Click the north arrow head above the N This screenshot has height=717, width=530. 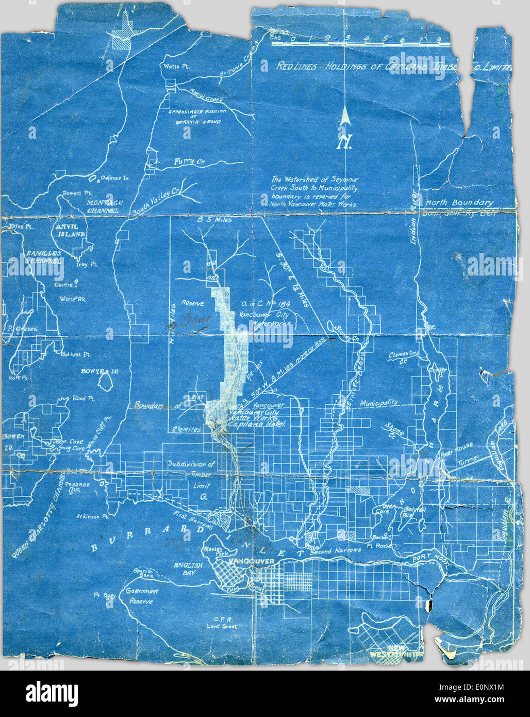(345, 119)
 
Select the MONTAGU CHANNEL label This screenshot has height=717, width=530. (105, 206)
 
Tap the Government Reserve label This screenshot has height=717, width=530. (141, 596)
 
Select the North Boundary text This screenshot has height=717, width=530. (459, 203)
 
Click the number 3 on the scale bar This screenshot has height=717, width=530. (347, 38)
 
